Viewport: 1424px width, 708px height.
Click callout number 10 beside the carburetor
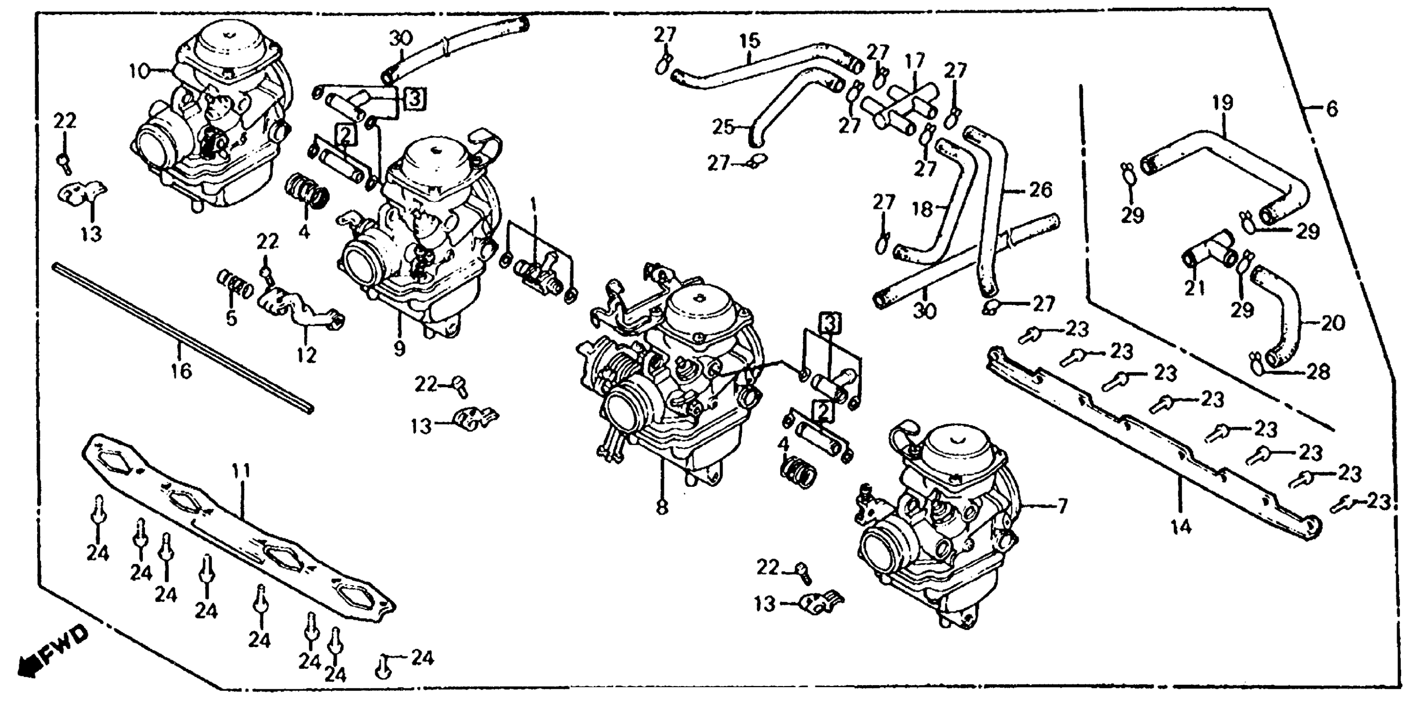point(140,71)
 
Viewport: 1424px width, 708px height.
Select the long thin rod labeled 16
point(182,337)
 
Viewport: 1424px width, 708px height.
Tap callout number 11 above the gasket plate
point(241,471)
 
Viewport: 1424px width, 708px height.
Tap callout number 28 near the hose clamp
point(1318,372)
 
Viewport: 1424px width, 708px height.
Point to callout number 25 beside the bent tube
point(723,127)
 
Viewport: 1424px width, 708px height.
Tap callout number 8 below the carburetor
point(662,507)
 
